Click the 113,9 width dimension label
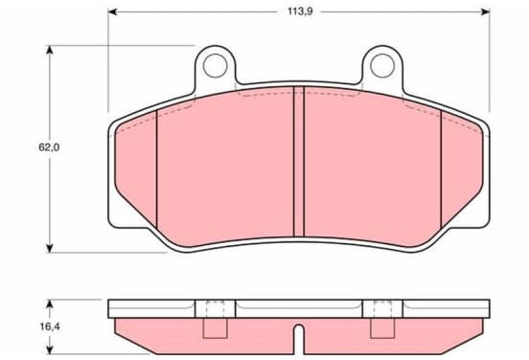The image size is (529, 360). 300,11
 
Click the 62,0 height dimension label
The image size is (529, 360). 49,147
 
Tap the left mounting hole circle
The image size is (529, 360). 215,65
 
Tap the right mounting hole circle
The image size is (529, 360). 382,65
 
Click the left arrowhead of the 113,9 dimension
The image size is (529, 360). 112,12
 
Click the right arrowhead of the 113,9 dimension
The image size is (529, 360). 485,12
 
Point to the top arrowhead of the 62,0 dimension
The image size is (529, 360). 50,50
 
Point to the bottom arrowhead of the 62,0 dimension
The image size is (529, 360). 50,248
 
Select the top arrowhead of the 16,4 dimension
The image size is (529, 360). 50,304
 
